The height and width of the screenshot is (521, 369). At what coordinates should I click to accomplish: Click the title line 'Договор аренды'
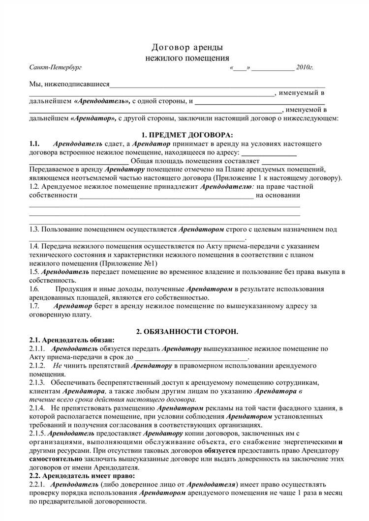[186, 47]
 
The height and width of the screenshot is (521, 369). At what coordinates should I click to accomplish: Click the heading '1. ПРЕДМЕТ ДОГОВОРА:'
[184, 135]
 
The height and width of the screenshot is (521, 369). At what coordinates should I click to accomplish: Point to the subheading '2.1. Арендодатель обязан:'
[72, 340]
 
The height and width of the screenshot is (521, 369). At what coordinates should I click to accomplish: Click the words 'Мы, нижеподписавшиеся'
[69, 84]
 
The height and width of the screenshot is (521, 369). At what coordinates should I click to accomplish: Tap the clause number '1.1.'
[34, 144]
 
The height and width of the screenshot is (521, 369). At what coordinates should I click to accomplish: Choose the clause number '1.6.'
[34, 289]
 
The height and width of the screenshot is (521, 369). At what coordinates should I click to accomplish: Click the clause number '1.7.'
[34, 306]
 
